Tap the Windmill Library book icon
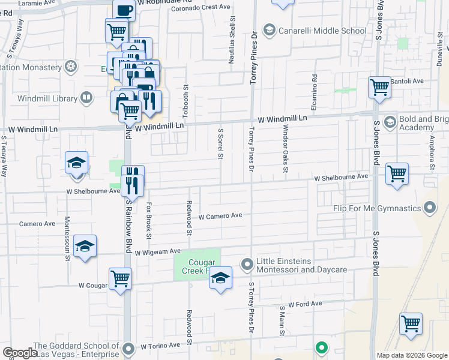point(87,97)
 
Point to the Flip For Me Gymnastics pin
point(429,208)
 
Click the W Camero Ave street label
point(220,215)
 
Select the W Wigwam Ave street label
point(157,252)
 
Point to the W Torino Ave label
point(160,346)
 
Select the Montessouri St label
point(67,238)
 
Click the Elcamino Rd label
point(314,88)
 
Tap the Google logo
point(20,353)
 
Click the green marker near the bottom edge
point(322,347)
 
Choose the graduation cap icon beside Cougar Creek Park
point(221,278)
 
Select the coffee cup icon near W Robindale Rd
point(124,10)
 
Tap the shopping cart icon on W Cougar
point(121,278)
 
